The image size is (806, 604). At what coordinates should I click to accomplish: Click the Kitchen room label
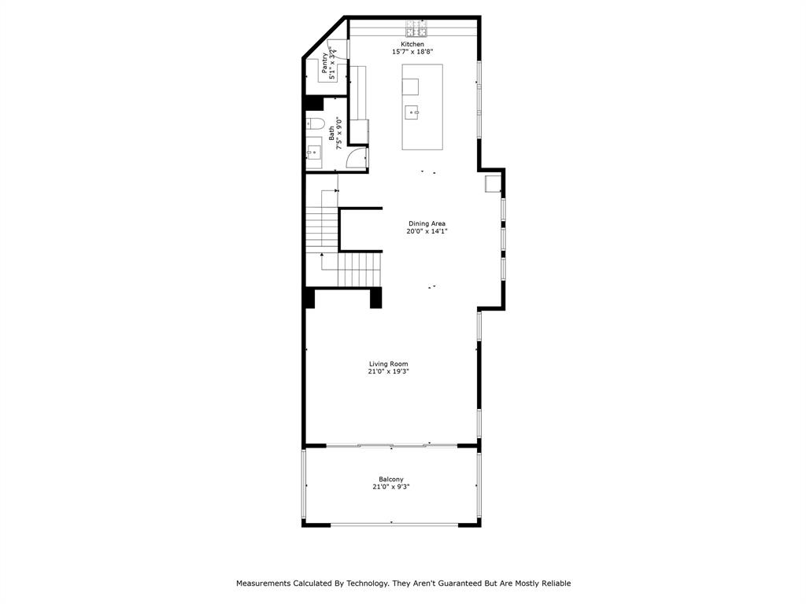point(412,44)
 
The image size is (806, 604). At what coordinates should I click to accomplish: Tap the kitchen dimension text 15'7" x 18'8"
point(412,52)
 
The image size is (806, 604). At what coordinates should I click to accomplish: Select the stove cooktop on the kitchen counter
point(416,30)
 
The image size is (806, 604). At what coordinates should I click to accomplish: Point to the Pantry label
point(325,64)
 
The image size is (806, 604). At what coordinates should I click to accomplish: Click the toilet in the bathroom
point(314,123)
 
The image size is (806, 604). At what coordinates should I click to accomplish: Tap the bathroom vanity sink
point(314,152)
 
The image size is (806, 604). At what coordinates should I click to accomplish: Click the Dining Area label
point(427,223)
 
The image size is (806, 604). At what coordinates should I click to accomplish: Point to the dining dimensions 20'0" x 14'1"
point(427,231)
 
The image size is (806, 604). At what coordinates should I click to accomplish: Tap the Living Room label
point(389,363)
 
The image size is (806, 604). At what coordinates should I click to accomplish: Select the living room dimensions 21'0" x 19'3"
point(389,371)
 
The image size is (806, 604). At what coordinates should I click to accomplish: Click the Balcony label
point(391,479)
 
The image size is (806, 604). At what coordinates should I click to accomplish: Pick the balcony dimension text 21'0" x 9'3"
point(391,487)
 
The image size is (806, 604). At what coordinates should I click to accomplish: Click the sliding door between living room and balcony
point(391,446)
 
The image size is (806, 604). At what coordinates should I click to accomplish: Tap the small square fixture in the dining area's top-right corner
point(493,184)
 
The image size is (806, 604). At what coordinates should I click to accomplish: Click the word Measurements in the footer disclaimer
point(264,584)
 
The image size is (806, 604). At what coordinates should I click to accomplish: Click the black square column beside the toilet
point(313,103)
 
